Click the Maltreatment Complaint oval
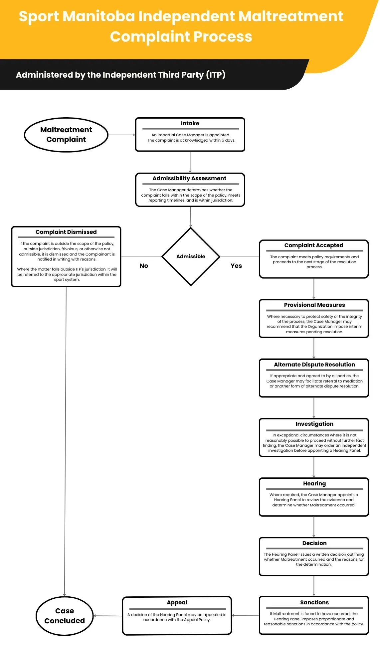pyautogui.click(x=66, y=135)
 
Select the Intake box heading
pyautogui.click(x=190, y=123)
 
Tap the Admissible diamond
pyautogui.click(x=191, y=256)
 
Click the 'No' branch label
pyautogui.click(x=144, y=266)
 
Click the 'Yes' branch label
pyautogui.click(x=236, y=266)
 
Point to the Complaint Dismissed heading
pyautogui.click(x=66, y=232)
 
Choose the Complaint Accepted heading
pyautogui.click(x=313, y=245)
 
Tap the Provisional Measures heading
pyautogui.click(x=314, y=305)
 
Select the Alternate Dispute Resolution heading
pyautogui.click(x=314, y=364)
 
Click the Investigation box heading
pyautogui.click(x=314, y=424)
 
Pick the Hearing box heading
pyautogui.click(x=314, y=483)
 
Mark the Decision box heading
pyautogui.click(x=314, y=543)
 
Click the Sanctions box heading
pyautogui.click(x=314, y=602)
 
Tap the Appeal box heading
pyautogui.click(x=177, y=602)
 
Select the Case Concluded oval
pyautogui.click(x=65, y=616)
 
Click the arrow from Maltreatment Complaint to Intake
pyautogui.click(x=121, y=135)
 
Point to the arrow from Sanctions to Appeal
pyautogui.click(x=245, y=615)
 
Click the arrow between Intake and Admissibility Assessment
pyautogui.click(x=190, y=162)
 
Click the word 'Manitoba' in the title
pyautogui.click(x=98, y=16)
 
